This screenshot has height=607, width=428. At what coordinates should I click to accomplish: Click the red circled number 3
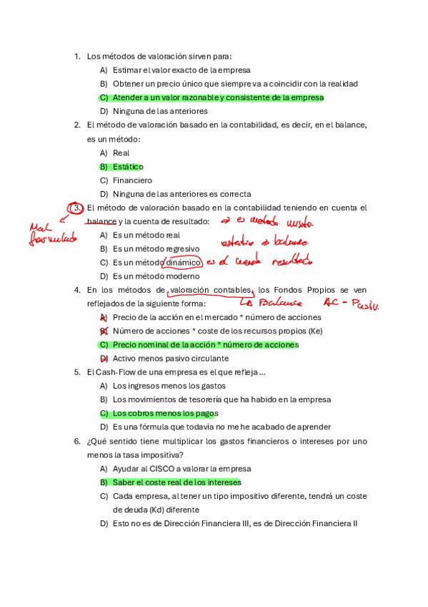(x=77, y=208)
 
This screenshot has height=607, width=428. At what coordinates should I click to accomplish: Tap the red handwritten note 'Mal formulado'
(x=51, y=233)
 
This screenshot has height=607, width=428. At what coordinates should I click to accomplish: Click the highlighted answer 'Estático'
(x=128, y=167)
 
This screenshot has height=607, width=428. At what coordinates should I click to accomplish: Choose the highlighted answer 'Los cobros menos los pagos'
(x=165, y=414)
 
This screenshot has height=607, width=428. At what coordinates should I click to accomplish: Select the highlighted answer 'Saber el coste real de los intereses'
(x=176, y=482)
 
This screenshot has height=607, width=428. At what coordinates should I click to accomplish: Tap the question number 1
(x=77, y=56)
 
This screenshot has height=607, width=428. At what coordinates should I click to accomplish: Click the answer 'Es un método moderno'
(x=155, y=276)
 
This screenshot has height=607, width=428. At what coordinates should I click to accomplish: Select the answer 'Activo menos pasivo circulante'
(x=171, y=359)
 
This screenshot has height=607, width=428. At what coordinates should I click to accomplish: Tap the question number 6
(x=77, y=442)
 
